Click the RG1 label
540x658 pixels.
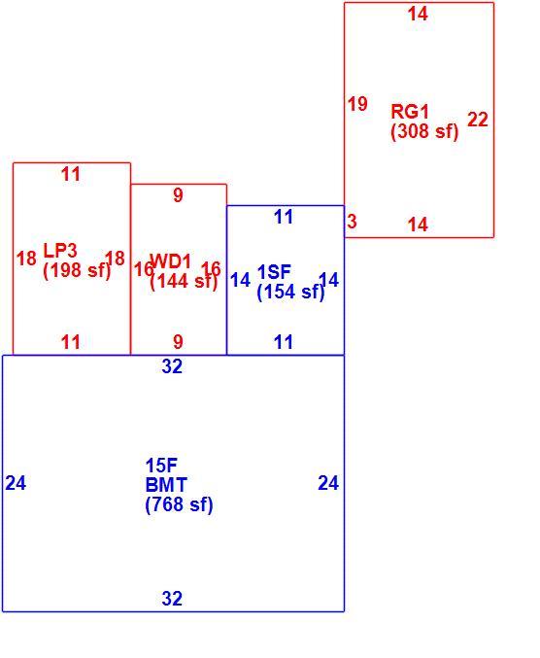410,112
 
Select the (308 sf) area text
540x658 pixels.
424,131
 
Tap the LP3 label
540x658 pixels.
60,251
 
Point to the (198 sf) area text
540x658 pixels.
77,270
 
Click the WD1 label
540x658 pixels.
170,261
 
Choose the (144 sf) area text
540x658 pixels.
184,281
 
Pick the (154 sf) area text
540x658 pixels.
290,292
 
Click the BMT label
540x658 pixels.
166,485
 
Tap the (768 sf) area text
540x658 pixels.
179,504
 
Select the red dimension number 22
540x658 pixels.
478,120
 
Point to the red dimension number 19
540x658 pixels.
357,104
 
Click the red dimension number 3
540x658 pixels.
352,222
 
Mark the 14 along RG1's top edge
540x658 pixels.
418,14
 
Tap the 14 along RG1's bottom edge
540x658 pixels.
418,225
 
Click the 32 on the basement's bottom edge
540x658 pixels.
172,599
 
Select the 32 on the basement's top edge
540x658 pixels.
172,366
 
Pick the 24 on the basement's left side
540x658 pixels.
16,483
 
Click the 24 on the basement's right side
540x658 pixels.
328,483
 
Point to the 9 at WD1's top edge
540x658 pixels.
178,195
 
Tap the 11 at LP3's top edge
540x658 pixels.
71,174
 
